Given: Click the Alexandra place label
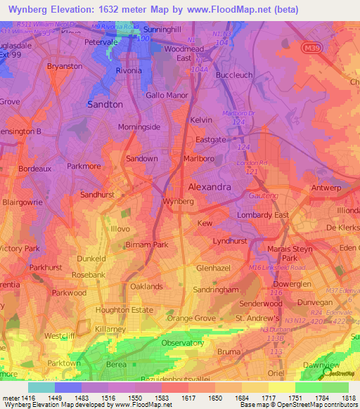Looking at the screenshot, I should pyautogui.click(x=210, y=187).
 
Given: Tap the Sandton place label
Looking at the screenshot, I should pyautogui.click(x=104, y=104).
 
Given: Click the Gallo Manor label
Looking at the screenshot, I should pyautogui.click(x=166, y=94).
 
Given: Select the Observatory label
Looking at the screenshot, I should pyautogui.click(x=182, y=343).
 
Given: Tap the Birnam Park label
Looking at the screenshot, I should pyautogui.click(x=146, y=245).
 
